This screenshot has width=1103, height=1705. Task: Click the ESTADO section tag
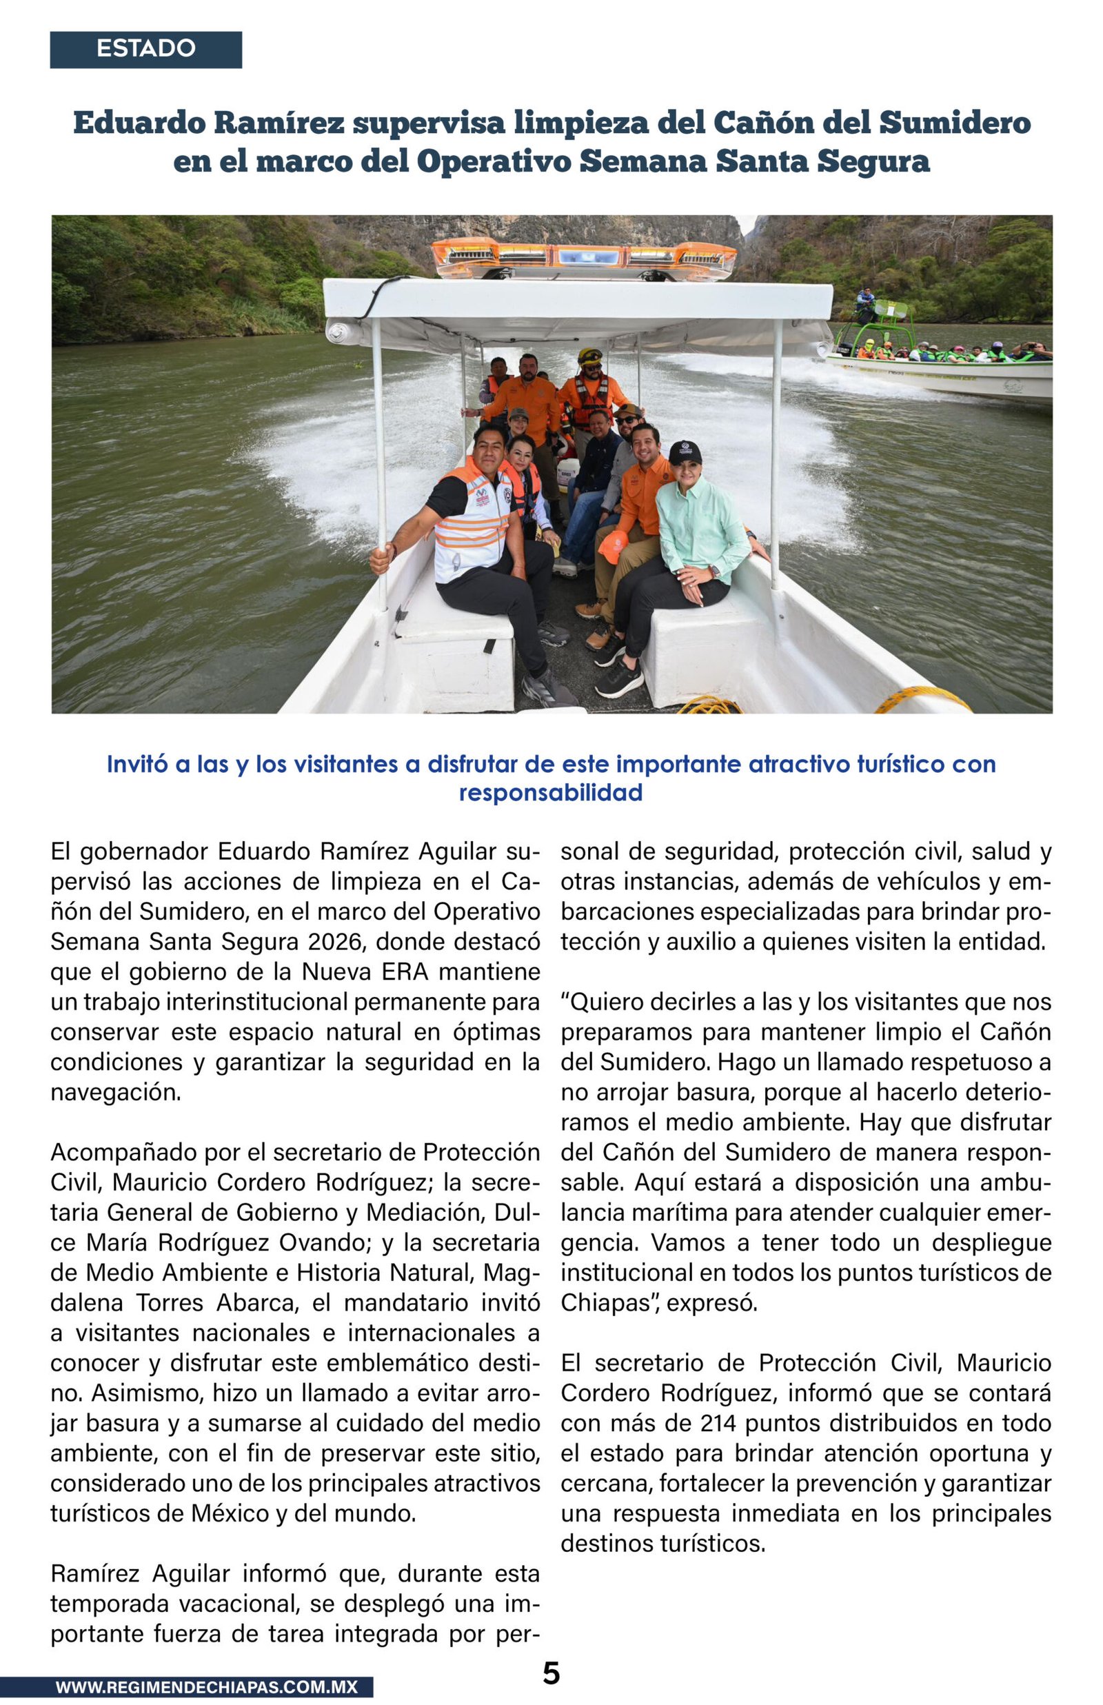pyautogui.click(x=145, y=49)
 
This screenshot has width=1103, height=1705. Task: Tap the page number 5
pyautogui.click(x=551, y=1673)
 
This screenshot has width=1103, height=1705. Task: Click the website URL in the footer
pyautogui.click(x=206, y=1687)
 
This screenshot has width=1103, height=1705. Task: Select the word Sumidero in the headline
pyautogui.click(x=955, y=123)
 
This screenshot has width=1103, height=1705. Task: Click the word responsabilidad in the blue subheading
pyautogui.click(x=550, y=793)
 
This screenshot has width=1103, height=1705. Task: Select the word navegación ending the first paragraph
pyautogui.click(x=115, y=1092)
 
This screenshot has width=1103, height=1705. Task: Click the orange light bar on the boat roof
pyautogui.click(x=583, y=257)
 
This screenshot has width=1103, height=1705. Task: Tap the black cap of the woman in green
pyautogui.click(x=685, y=451)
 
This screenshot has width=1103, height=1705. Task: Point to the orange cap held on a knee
pyautogui.click(x=613, y=546)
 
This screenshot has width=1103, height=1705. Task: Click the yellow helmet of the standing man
pyautogui.click(x=590, y=356)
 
